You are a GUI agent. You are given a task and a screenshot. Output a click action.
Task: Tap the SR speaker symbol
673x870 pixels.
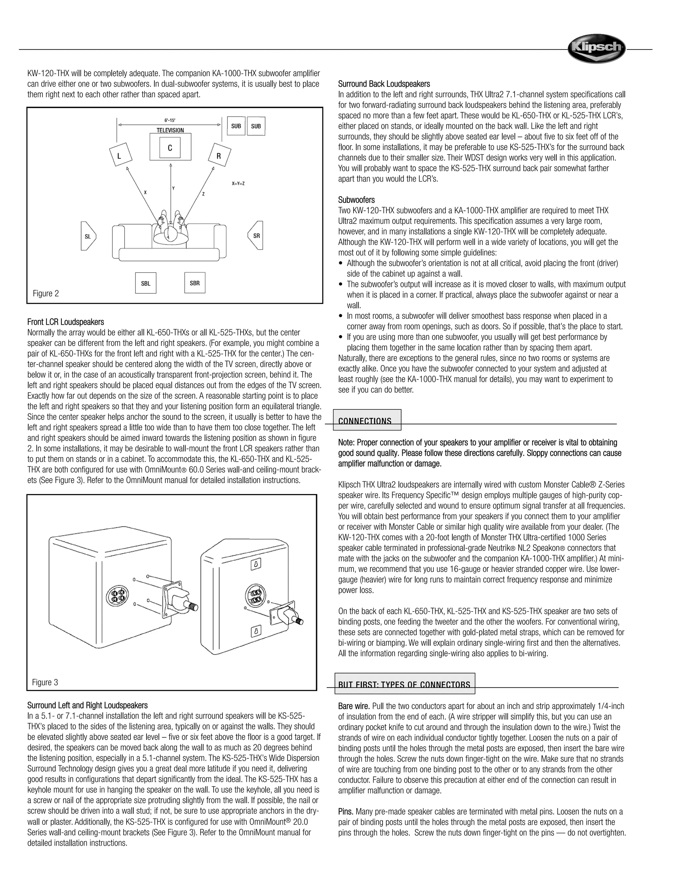point(256,235)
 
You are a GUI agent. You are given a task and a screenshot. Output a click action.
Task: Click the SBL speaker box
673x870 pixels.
point(146,283)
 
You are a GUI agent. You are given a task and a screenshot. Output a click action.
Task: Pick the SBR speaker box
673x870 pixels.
point(195,283)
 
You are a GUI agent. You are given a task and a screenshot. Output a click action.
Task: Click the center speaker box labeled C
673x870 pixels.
point(170,148)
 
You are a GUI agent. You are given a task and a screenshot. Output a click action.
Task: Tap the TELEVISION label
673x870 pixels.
point(170,130)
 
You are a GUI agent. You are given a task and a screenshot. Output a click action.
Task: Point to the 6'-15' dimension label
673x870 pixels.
point(170,120)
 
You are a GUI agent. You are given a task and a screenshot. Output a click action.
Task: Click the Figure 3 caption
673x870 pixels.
point(45,683)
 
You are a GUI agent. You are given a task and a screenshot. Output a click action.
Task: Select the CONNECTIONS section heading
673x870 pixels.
point(365,421)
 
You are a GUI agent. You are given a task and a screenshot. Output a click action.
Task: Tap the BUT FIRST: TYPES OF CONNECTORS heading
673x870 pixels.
point(404,685)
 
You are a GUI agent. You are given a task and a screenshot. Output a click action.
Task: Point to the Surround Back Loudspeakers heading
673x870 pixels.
point(384,84)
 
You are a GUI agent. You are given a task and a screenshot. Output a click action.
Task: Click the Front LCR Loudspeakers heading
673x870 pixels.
point(65,322)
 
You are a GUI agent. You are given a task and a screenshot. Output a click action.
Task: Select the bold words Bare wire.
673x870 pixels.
point(354,706)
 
